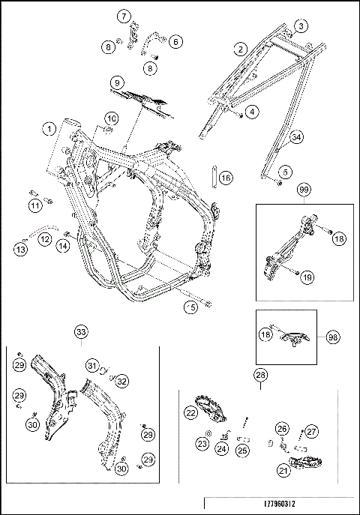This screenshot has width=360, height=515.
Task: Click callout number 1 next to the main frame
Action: tap(49, 129)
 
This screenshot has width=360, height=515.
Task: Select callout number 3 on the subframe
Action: tap(300, 26)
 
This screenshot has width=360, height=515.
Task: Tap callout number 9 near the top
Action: tap(117, 81)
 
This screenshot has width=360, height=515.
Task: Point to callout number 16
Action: tap(226, 178)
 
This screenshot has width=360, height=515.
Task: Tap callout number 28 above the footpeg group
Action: tap(260, 374)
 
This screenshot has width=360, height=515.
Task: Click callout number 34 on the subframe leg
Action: tap(297, 137)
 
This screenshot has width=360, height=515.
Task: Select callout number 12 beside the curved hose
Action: tap(44, 239)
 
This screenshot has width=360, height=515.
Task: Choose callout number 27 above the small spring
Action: tap(312, 431)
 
